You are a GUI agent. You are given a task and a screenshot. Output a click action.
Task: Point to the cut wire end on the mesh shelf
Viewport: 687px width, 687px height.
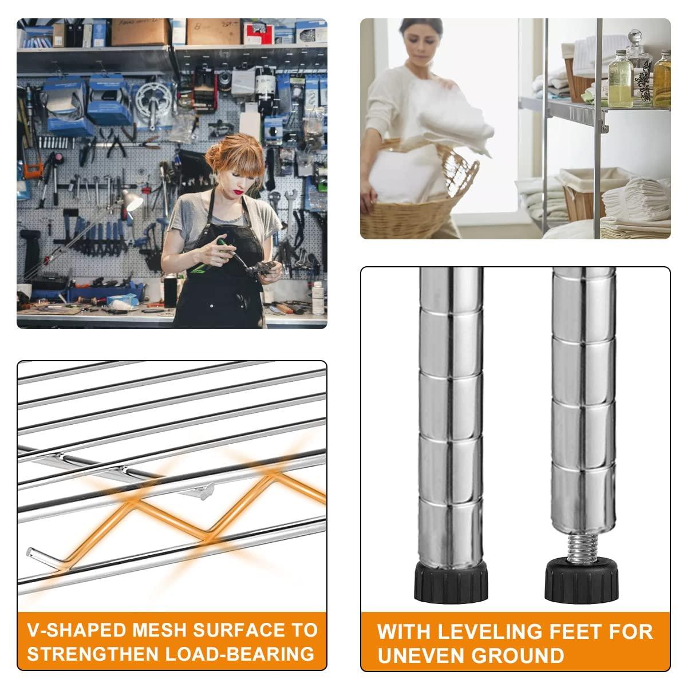pos(29,552)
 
